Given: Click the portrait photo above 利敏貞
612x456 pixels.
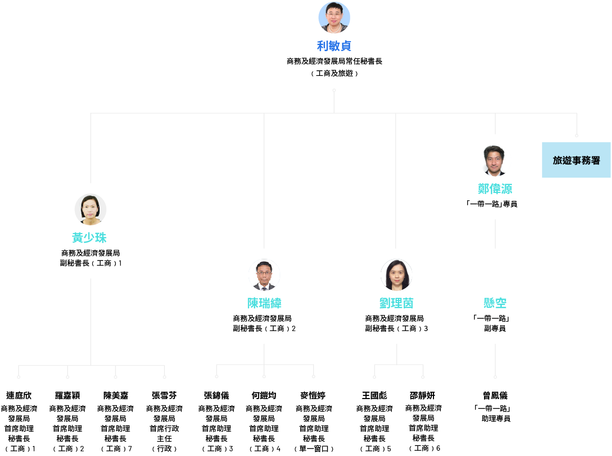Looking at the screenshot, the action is [334, 17].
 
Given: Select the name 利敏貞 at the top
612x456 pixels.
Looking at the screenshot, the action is [334, 46].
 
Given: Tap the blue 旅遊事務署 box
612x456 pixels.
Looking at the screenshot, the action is [576, 160].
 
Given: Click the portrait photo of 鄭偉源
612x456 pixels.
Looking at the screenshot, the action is [495, 160].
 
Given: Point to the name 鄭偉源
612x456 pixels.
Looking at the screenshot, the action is [495, 189].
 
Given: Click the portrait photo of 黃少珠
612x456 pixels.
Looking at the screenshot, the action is [91, 209].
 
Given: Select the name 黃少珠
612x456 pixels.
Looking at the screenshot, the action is [90, 238].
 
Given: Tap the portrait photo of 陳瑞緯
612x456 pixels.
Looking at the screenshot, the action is [264, 275].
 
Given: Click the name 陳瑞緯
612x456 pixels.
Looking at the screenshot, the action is [264, 303].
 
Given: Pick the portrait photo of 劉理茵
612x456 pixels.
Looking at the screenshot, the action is [396, 275].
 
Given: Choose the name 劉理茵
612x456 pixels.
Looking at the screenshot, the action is [396, 303].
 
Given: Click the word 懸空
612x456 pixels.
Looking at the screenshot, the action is [495, 303].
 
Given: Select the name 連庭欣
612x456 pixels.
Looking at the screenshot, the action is [19, 395].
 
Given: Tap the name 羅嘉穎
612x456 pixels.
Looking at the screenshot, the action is [67, 395].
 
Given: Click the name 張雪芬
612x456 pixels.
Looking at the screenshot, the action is [164, 395].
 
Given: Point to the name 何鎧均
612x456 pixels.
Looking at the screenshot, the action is [264, 395].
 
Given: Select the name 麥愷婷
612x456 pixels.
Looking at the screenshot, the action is [313, 395].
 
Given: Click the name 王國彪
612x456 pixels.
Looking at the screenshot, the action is [374, 395].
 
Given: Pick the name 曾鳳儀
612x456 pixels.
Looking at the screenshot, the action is [495, 395].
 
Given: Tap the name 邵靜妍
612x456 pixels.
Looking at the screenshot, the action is [423, 395].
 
